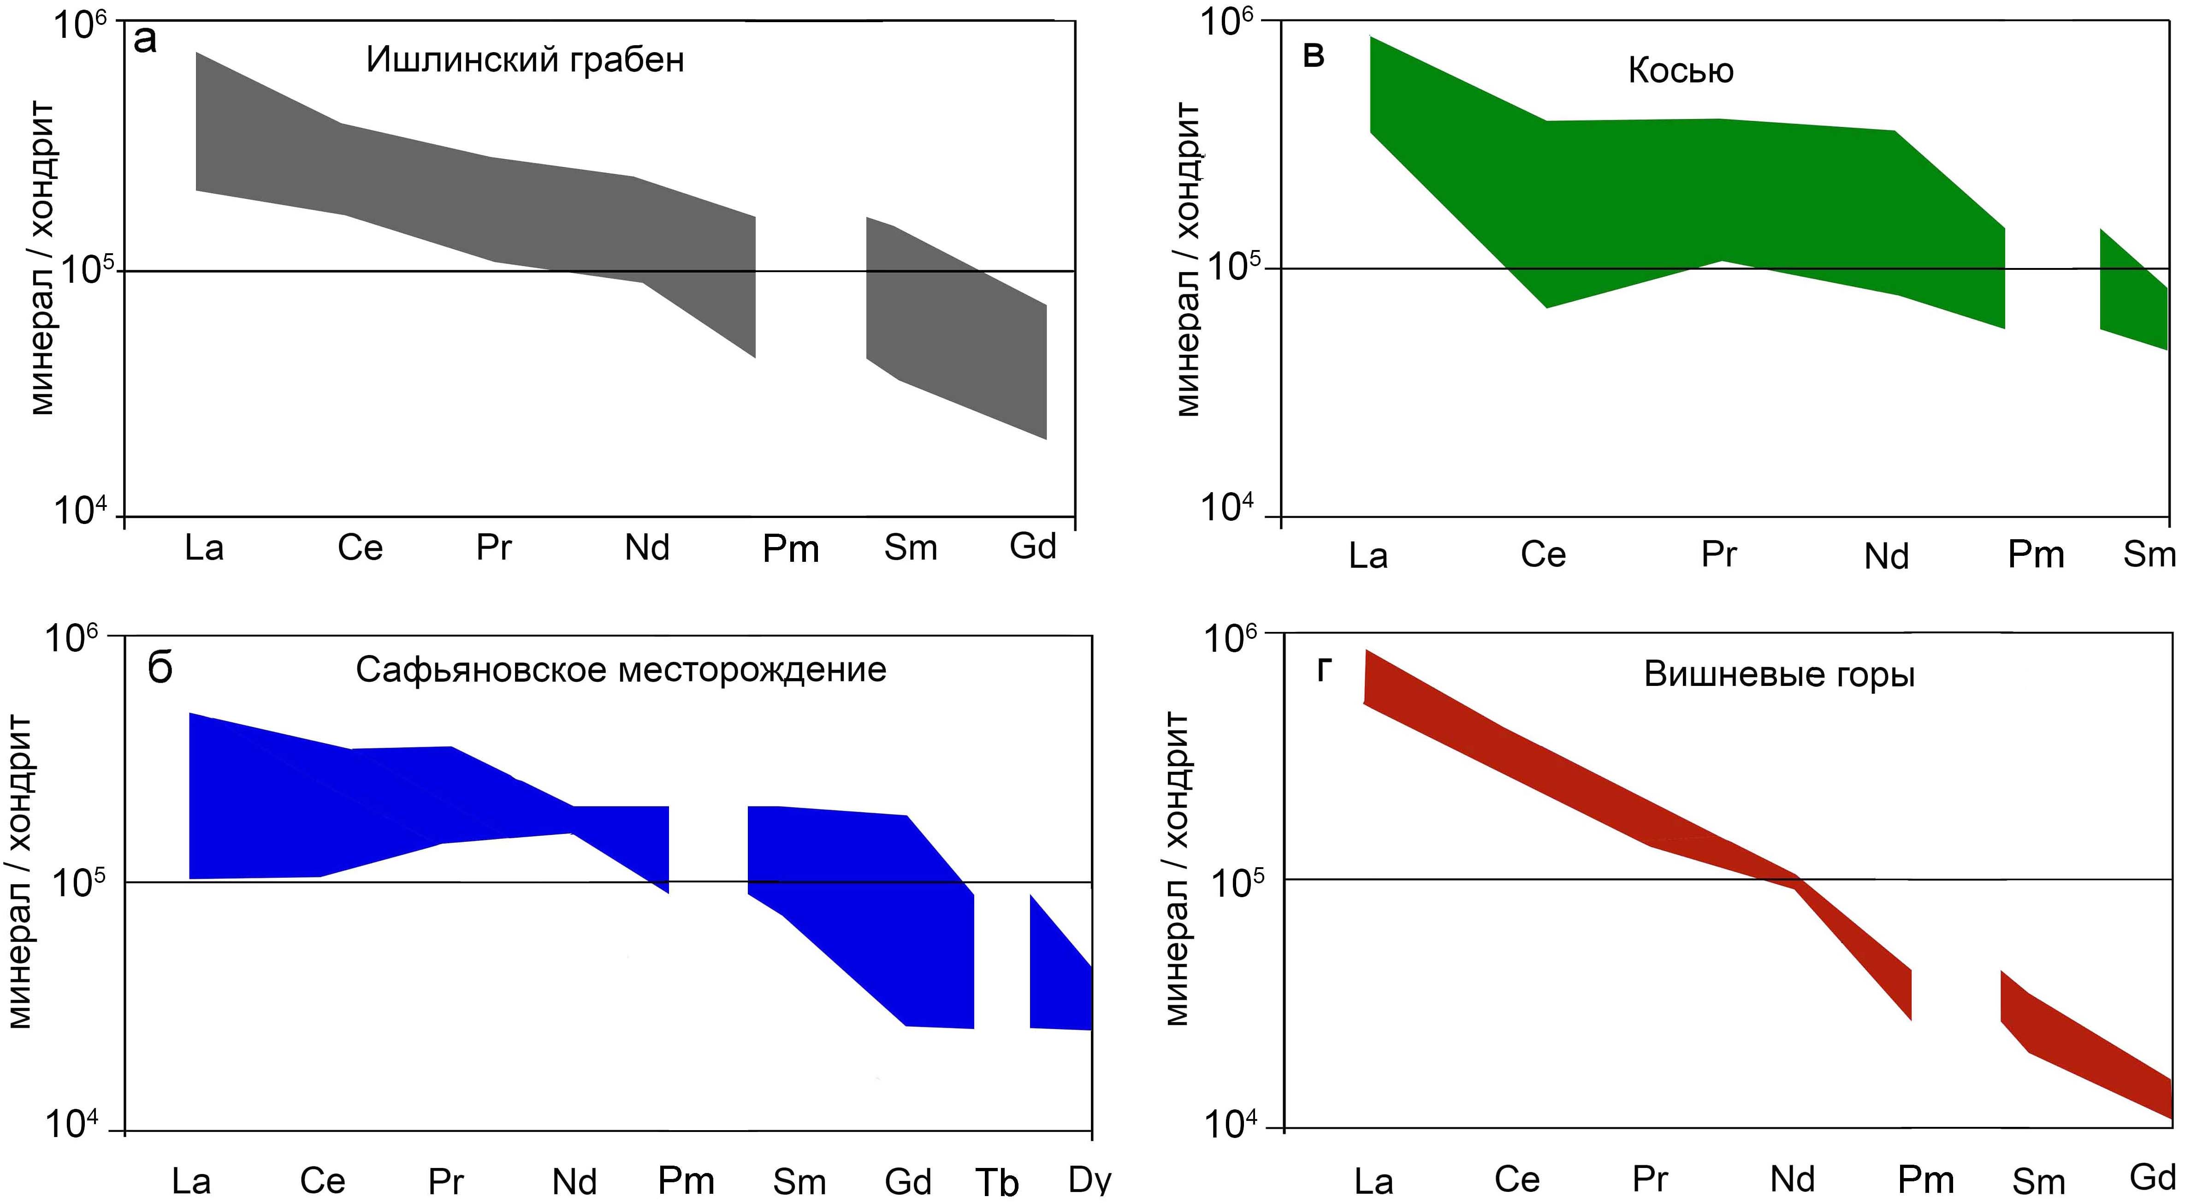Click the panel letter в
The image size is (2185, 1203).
pos(1313,56)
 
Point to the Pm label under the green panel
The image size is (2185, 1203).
pos(2036,555)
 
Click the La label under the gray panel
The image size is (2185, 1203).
pos(204,548)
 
